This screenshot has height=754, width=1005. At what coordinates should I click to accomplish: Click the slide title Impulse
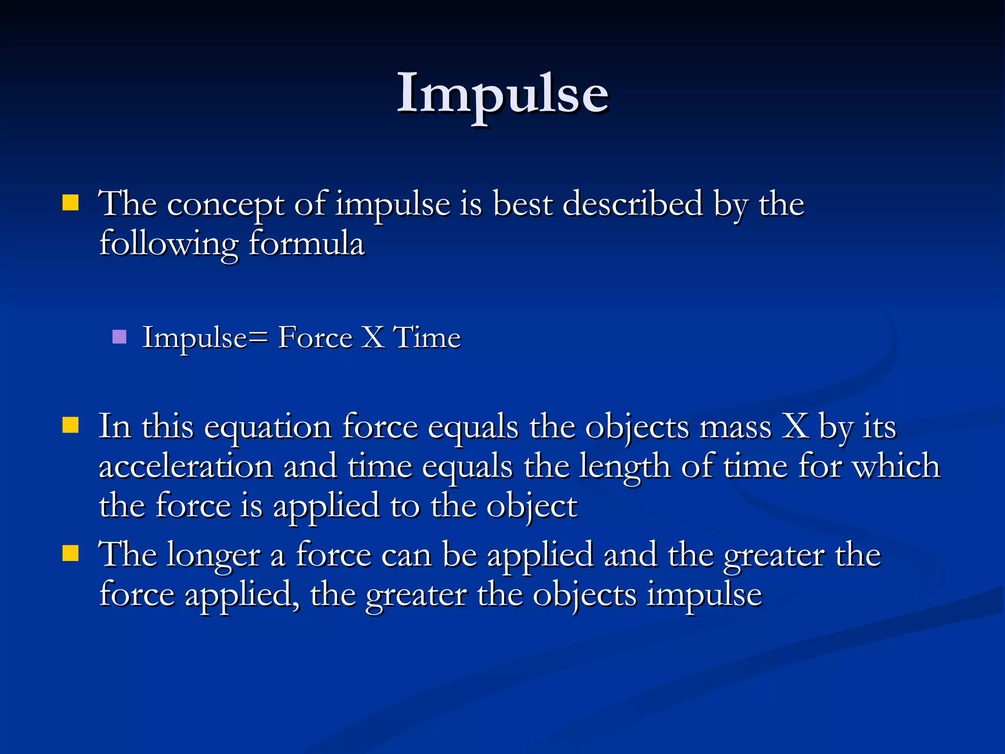[502, 93]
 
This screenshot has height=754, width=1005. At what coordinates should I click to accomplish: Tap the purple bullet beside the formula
[119, 337]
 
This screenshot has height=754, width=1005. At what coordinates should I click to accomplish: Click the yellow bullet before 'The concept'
[71, 203]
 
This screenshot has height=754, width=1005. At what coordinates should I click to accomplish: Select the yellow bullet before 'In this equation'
[71, 425]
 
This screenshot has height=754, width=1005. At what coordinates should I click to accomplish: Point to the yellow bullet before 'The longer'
[71, 553]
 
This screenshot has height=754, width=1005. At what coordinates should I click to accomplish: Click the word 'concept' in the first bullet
[225, 204]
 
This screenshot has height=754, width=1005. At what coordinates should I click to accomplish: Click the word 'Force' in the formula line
[315, 338]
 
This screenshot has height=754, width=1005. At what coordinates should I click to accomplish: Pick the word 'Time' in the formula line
[427, 338]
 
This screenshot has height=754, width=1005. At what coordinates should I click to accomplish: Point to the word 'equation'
[268, 427]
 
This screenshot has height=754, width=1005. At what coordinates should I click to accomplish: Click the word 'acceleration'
[186, 466]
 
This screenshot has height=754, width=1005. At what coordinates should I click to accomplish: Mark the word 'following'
[169, 244]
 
